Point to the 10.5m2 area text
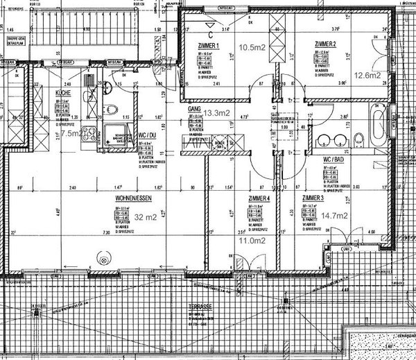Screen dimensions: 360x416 click(x=252, y=48)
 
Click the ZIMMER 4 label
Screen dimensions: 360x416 click(x=257, y=198)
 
